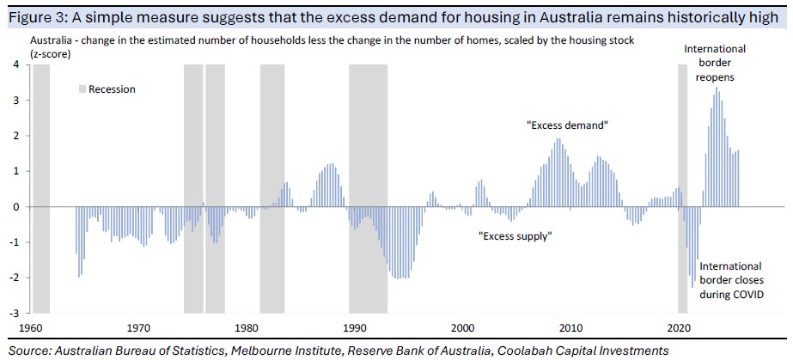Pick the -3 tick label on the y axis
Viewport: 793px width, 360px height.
pos(15,313)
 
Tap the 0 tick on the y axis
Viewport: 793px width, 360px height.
pos(17,207)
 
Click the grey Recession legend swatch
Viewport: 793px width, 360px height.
pos(82,89)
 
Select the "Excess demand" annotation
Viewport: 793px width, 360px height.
pos(567,125)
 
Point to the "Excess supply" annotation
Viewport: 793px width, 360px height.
pos(514,235)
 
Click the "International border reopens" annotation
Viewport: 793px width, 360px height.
pos(715,63)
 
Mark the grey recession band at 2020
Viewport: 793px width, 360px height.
pos(683,189)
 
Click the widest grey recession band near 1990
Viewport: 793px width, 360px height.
pos(368,189)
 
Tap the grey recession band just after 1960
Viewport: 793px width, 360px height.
pos(40,189)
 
